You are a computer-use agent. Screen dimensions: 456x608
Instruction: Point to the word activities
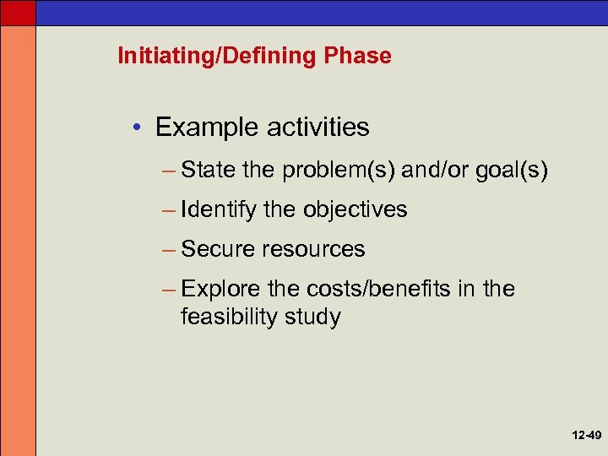[x=318, y=128]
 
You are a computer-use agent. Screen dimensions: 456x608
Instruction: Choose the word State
[x=209, y=171]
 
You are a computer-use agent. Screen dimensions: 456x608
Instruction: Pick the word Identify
[x=219, y=209]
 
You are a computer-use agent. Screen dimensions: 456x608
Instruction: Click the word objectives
[x=355, y=209]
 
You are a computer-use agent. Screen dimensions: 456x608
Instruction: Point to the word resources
[x=313, y=249]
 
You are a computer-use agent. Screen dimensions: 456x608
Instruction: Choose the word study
[x=313, y=318]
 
